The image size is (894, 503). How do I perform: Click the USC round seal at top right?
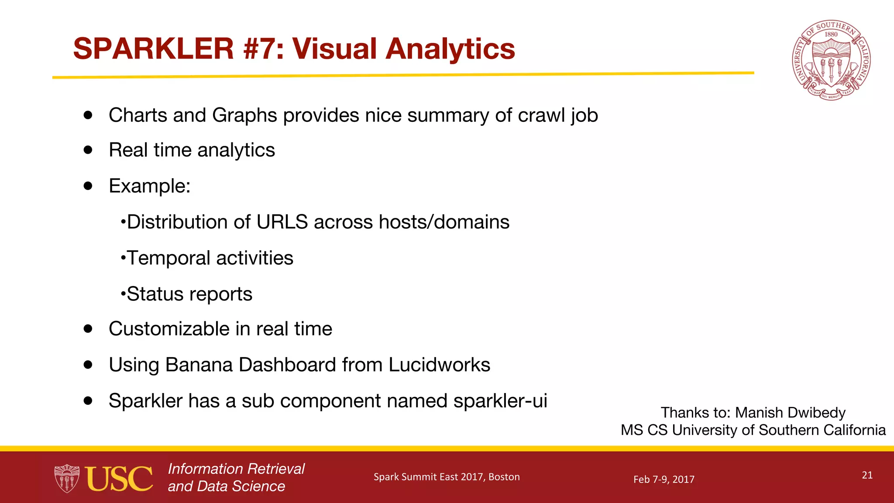pos(831,60)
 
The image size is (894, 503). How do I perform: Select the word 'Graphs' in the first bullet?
pos(244,116)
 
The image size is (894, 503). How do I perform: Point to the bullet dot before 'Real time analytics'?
pos(89,150)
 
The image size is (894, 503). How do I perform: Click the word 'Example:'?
pos(149,186)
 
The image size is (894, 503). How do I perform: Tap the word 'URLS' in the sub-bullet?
pos(282,222)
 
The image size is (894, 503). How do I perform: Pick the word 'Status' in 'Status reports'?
pos(155,294)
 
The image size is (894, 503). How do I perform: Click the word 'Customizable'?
pos(168,329)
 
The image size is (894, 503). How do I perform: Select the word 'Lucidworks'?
pos(439,365)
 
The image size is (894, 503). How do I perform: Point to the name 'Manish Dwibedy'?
pos(790,413)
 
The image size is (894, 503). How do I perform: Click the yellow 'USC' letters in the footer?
pos(119,479)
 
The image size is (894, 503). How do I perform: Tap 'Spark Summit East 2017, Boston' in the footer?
pos(447,477)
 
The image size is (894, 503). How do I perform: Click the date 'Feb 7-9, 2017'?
pos(664,479)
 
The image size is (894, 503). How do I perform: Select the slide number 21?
pos(867,475)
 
